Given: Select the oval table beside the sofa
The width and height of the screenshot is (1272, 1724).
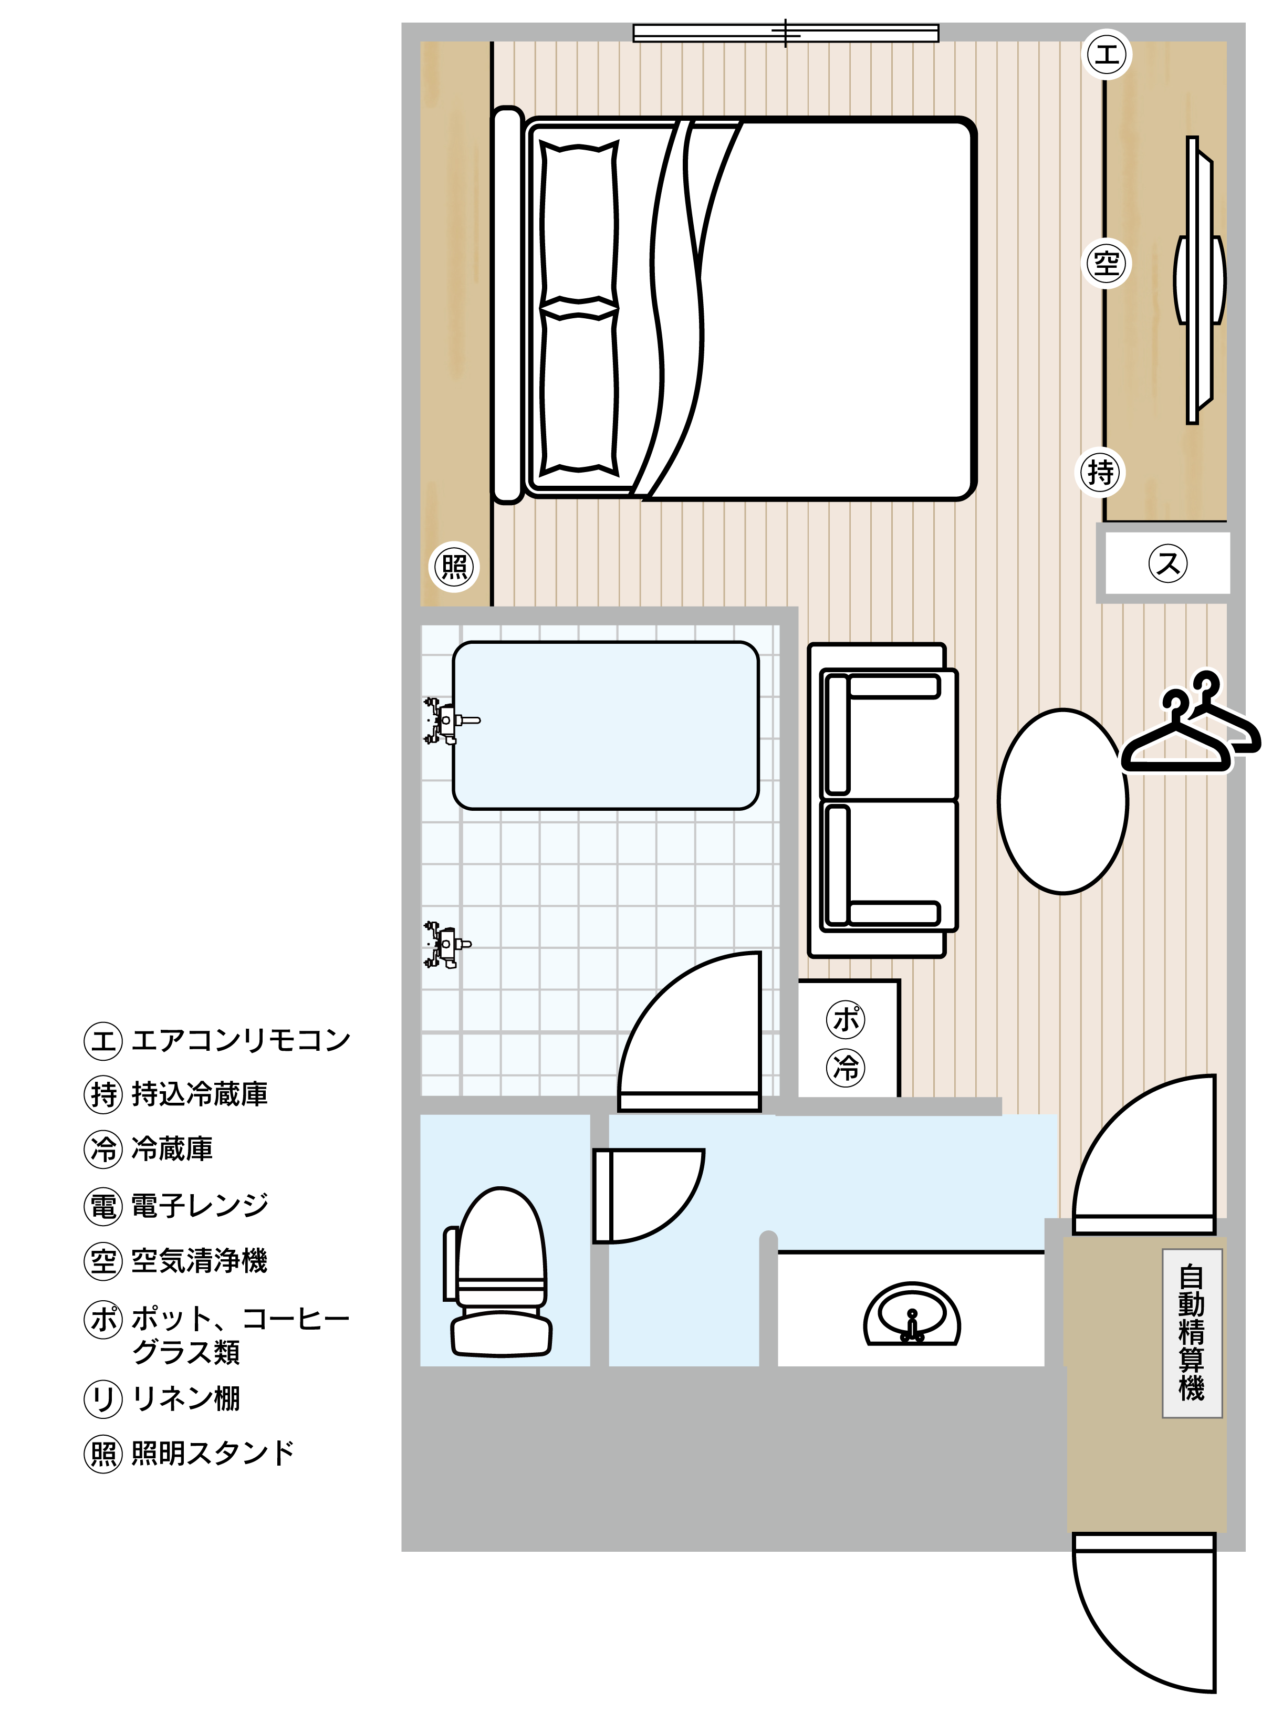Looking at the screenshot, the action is point(1062,801).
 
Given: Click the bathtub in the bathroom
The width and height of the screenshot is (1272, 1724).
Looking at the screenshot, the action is point(605,725).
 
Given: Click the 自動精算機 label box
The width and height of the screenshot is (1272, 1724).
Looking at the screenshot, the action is point(1192,1334).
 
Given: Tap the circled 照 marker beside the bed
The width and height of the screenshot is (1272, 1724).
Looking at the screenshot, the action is point(454,567).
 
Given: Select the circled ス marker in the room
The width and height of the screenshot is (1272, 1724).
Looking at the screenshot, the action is point(1168,563).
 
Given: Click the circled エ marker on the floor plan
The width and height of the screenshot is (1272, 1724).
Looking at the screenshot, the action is point(1107,54).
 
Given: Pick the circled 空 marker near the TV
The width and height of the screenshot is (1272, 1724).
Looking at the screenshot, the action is point(1107,263).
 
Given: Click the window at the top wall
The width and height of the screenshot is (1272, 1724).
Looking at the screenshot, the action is point(785,33).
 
